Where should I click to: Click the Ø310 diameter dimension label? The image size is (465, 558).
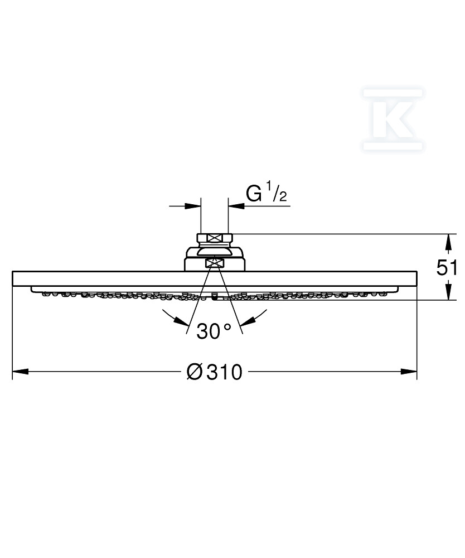[214, 372]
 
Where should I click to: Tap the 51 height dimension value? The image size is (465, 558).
[447, 267]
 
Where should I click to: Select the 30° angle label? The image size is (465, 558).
[214, 331]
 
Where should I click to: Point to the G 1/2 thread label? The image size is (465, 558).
[267, 192]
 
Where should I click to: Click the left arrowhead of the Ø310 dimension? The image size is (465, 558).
[20, 372]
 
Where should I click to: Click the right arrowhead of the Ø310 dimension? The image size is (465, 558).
[409, 372]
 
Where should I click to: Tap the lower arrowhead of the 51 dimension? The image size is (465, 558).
[449, 292]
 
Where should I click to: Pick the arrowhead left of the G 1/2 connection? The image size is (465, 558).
[193, 206]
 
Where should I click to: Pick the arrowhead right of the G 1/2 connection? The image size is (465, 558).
[236, 206]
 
